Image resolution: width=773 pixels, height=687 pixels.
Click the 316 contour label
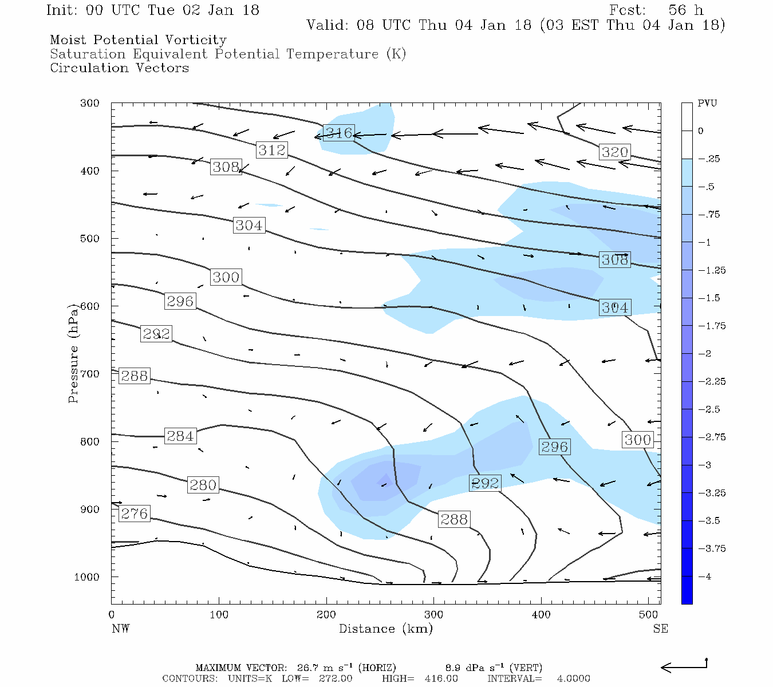click(338, 133)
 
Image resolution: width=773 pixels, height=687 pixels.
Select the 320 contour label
click(614, 152)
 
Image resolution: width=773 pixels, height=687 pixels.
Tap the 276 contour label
click(135, 514)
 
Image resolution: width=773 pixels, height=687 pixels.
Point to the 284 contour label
click(180, 436)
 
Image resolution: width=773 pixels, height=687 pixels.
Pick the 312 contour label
click(271, 150)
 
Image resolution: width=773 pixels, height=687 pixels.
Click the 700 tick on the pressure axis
click(89, 374)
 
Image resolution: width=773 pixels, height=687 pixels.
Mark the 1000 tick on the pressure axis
click(87, 577)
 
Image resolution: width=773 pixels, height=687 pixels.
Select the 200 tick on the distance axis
click(326, 615)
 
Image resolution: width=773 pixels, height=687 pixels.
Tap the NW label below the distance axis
click(120, 629)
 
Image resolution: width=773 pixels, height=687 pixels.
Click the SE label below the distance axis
click(660, 629)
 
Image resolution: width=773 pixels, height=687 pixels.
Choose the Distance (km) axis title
click(385, 629)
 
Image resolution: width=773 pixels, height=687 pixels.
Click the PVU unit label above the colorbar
click(707, 104)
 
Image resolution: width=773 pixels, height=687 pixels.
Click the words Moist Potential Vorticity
click(138, 40)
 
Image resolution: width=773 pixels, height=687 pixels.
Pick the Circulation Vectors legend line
click(119, 68)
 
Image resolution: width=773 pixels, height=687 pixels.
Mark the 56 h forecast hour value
click(685, 10)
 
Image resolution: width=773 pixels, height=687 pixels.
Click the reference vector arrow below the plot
click(684, 666)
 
